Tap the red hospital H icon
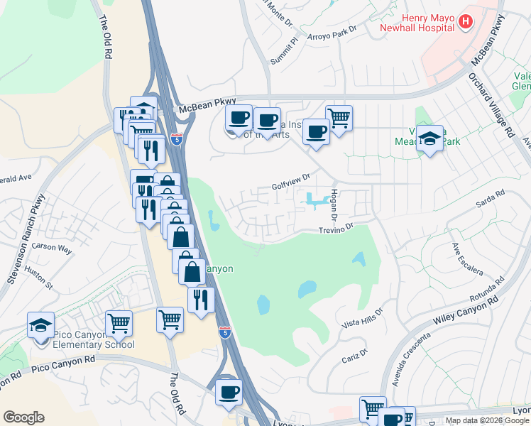tap(466, 22)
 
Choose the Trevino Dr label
tap(336, 229)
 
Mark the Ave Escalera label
tap(467, 260)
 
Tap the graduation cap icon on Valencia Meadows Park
tap(429, 138)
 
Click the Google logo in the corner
tap(23, 417)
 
